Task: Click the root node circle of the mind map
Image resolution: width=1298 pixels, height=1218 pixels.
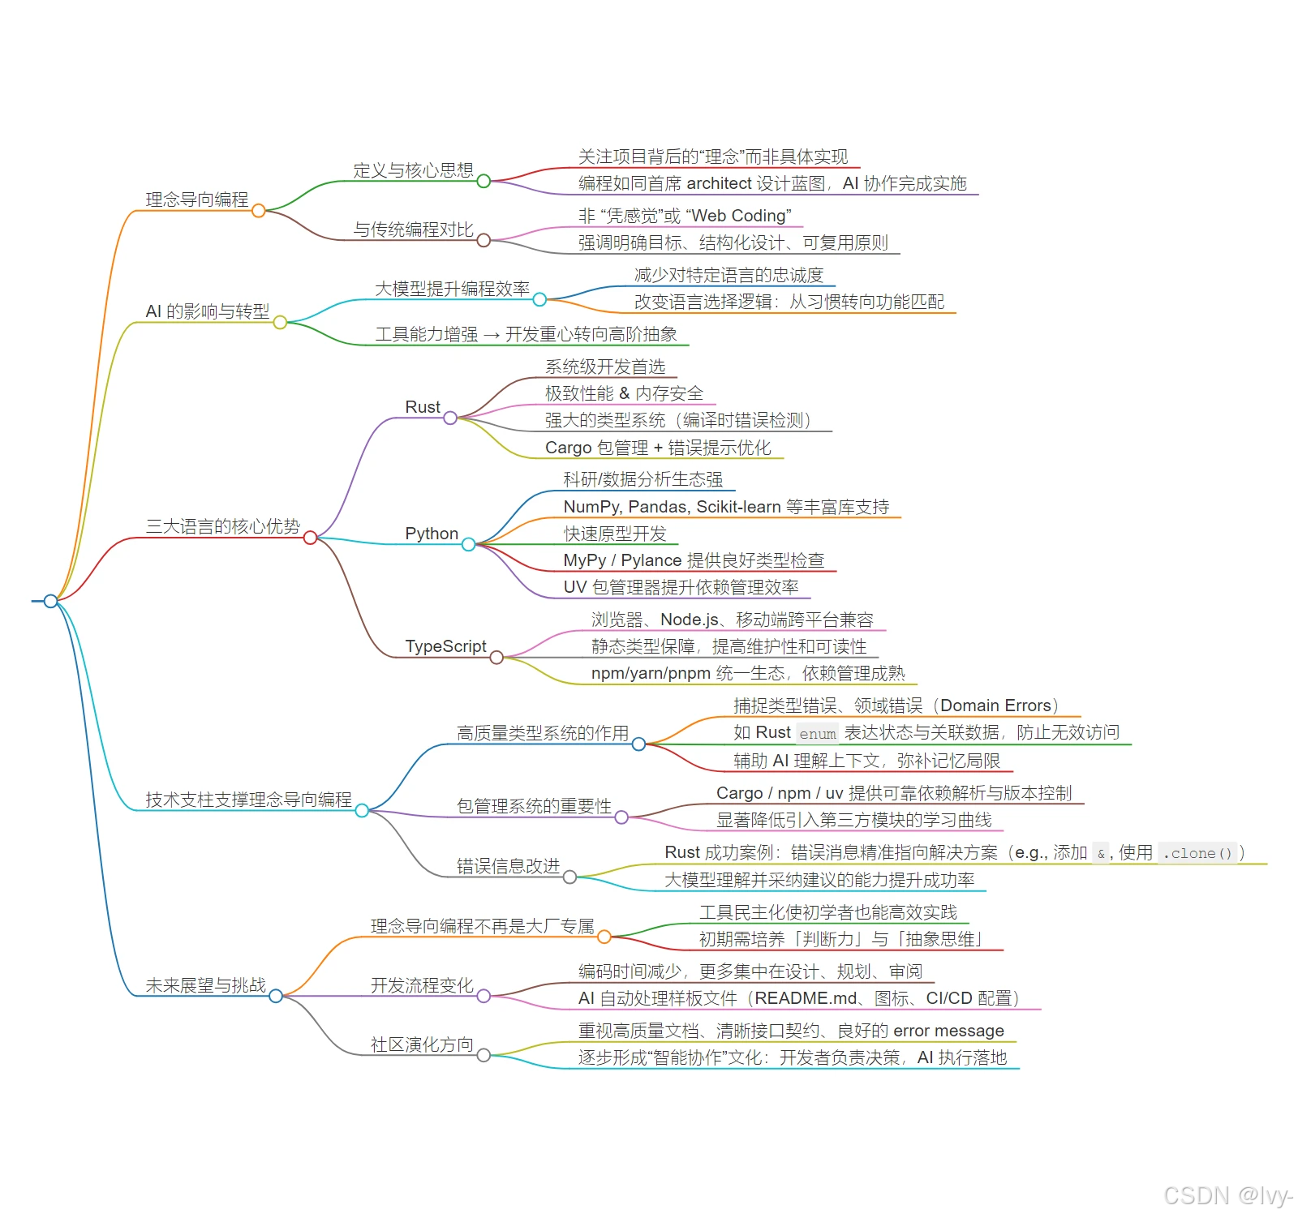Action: pyautogui.click(x=50, y=601)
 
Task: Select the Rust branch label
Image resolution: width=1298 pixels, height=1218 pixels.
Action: pyautogui.click(x=423, y=407)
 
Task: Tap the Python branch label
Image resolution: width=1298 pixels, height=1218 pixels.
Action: pyautogui.click(x=432, y=534)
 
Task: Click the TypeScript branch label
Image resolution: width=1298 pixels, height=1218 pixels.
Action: pyautogui.click(x=445, y=646)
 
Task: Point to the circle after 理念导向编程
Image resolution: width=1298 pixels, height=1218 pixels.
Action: pyautogui.click(x=259, y=211)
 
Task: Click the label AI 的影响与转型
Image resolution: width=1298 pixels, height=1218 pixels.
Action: pyautogui.click(x=207, y=311)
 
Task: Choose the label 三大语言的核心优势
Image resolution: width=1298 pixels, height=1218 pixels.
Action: pyautogui.click(x=222, y=526)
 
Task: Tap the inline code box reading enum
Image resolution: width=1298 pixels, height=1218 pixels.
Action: pyautogui.click(x=817, y=734)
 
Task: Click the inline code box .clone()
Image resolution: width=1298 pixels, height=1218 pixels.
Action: pyautogui.click(x=1197, y=853)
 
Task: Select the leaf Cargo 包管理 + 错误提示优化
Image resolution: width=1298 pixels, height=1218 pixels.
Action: pyautogui.click(x=658, y=448)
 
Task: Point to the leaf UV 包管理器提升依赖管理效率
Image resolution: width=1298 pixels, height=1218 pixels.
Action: pyautogui.click(x=681, y=587)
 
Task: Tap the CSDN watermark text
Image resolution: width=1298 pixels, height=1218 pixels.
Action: pyautogui.click(x=1227, y=1195)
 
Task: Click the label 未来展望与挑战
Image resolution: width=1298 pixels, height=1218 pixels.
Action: pyautogui.click(x=205, y=985)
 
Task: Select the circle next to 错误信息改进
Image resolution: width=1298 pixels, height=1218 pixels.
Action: pyautogui.click(x=570, y=877)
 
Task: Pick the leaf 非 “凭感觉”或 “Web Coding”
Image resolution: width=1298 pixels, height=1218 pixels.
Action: pyautogui.click(x=685, y=216)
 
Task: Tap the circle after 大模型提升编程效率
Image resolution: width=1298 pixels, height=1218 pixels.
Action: pyautogui.click(x=539, y=300)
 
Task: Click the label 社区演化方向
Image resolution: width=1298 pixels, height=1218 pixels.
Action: pyautogui.click(x=422, y=1044)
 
